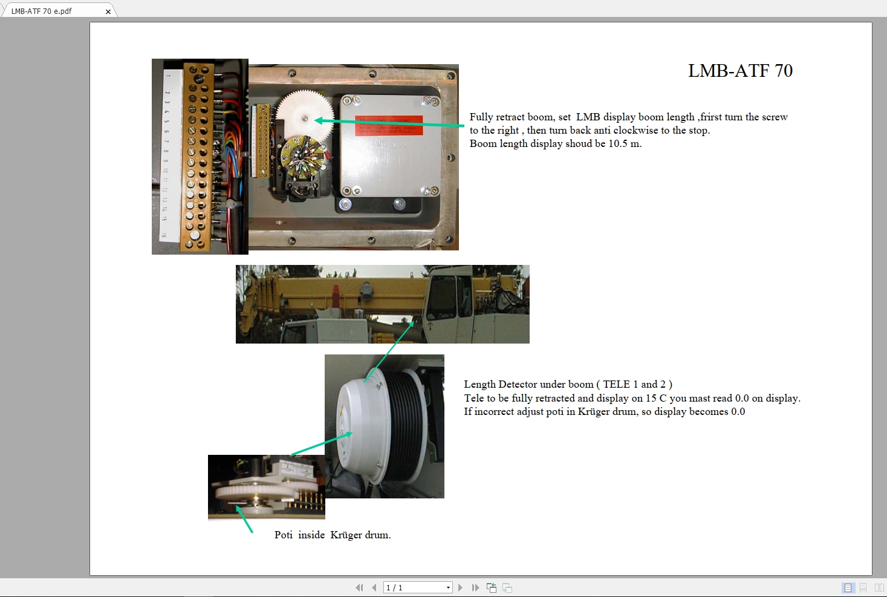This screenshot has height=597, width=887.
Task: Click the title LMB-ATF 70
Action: (740, 71)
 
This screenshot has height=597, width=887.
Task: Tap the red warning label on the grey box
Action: (388, 125)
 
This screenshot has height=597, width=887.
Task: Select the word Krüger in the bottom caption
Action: (346, 535)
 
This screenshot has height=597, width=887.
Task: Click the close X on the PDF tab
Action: (108, 11)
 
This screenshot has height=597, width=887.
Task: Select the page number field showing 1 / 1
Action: (417, 587)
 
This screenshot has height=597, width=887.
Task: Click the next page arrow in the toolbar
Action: (461, 587)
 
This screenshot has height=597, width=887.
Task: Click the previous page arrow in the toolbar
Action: (374, 587)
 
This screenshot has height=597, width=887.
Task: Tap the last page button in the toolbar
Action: (475, 587)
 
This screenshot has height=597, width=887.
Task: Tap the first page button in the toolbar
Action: (360, 587)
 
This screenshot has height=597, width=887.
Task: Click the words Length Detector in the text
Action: (498, 385)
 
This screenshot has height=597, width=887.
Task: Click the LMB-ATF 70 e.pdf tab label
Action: (41, 11)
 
